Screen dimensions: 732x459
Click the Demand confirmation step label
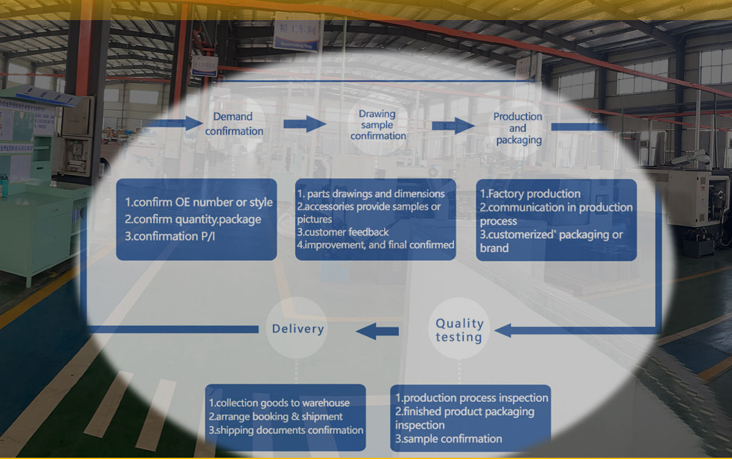tap(234, 124)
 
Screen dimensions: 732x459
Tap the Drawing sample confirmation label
tap(378, 125)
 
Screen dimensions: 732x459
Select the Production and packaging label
tap(518, 128)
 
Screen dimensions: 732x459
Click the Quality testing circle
tap(459, 330)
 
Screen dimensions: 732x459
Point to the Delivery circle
tap(298, 329)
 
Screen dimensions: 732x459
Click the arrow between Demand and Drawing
tap(305, 124)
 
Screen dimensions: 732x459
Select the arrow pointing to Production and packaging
tap(453, 126)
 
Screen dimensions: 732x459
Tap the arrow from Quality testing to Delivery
tap(378, 331)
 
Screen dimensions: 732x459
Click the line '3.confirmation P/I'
tap(169, 236)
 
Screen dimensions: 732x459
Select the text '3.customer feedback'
tap(343, 232)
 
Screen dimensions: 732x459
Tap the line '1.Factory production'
tap(530, 194)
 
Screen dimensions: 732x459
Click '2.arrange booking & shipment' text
tap(276, 416)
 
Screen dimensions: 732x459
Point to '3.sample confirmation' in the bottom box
tap(448, 438)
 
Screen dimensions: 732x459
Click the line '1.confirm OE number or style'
tap(199, 202)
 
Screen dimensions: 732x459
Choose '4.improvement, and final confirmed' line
tap(376, 245)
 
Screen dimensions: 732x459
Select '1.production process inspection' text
tap(472, 398)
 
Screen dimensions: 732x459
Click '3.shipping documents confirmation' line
tap(286, 430)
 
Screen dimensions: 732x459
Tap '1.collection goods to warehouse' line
tap(279, 403)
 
